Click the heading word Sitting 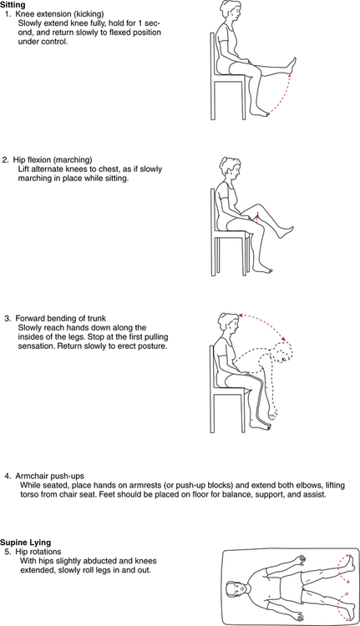[x=13, y=5]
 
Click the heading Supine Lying [x=26, y=543]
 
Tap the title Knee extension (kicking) [x=59, y=14]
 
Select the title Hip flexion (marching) [x=53, y=159]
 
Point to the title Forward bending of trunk [x=61, y=318]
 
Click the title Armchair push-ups [x=49, y=476]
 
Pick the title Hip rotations [x=38, y=552]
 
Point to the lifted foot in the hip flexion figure [x=286, y=231]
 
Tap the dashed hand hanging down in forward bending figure [x=271, y=413]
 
